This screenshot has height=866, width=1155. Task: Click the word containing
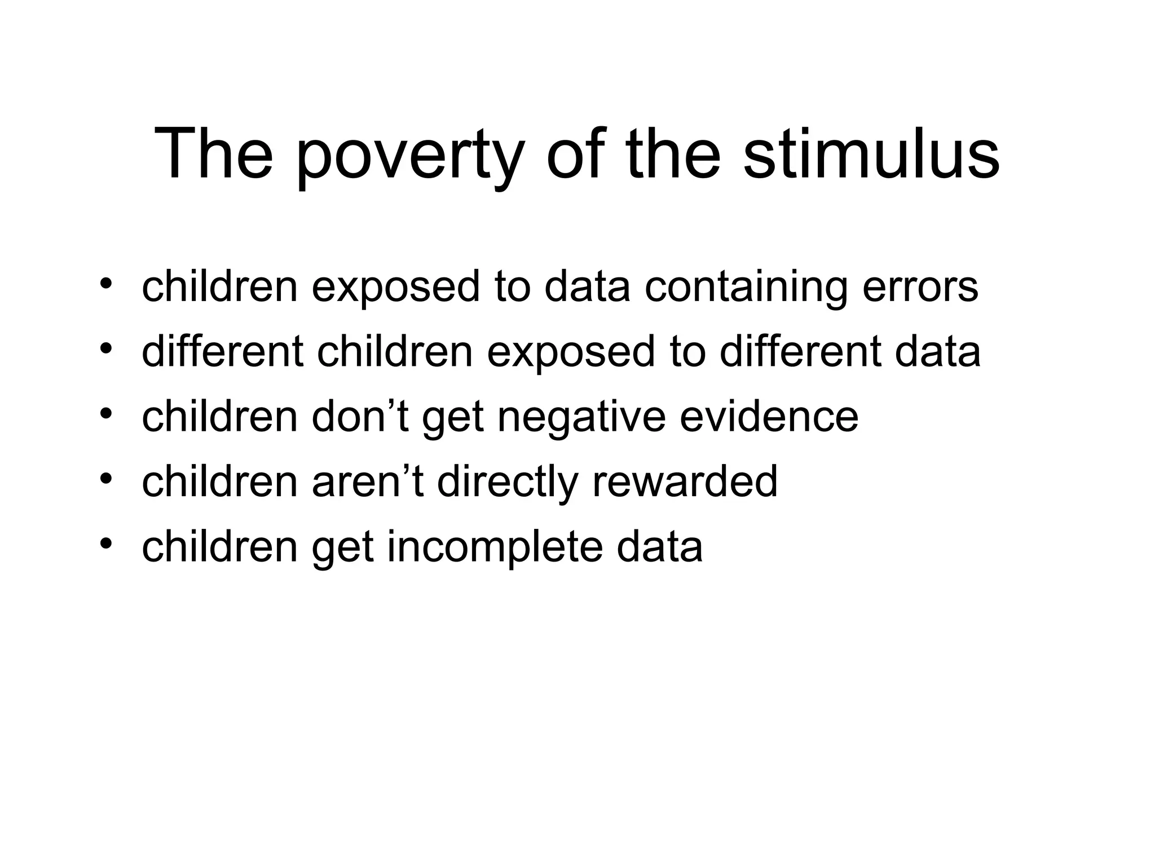pyautogui.click(x=746, y=287)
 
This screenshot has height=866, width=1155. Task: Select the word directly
pyautogui.click(x=508, y=483)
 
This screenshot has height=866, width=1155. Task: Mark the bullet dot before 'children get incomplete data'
pyautogui.click(x=105, y=544)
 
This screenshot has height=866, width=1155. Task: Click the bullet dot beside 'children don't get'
pyautogui.click(x=105, y=413)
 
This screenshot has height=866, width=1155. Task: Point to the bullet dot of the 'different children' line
pyautogui.click(x=105, y=348)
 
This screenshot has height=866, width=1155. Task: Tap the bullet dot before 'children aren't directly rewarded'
pyautogui.click(x=105, y=478)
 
